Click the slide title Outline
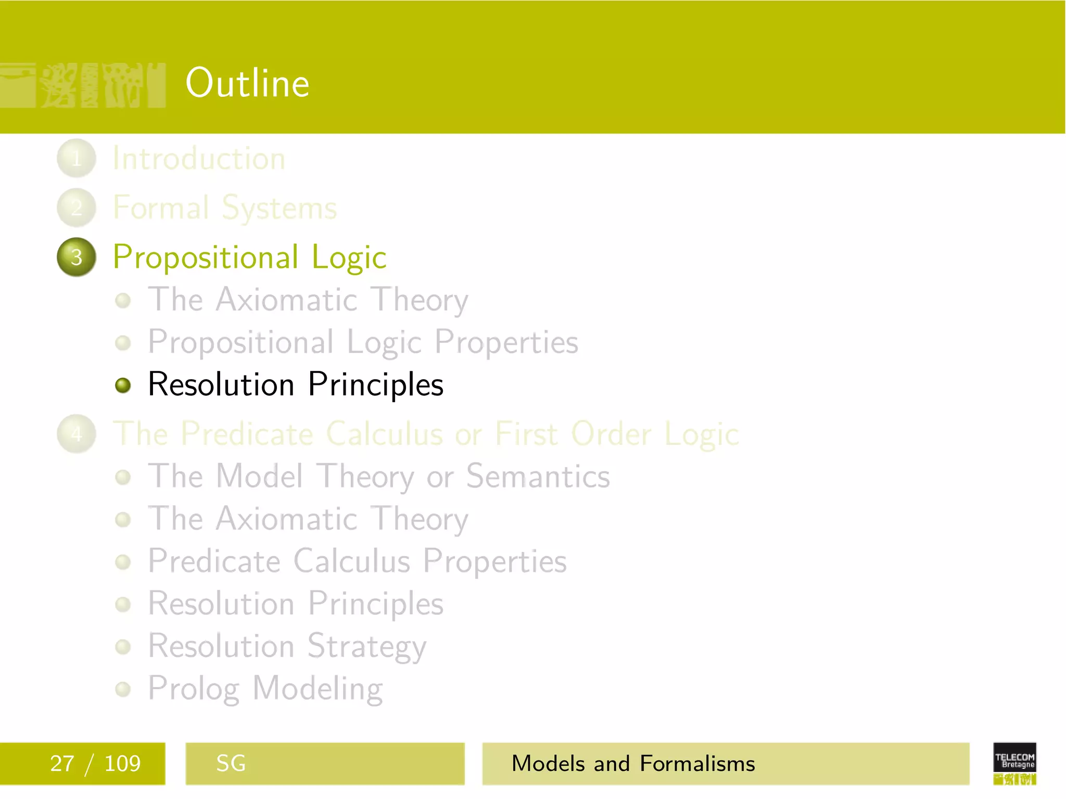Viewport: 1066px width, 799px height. pos(247,83)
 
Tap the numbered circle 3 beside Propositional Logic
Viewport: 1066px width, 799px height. pos(77,257)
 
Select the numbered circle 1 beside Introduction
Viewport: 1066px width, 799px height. pos(77,158)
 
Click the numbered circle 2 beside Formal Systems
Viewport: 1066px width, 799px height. pos(77,208)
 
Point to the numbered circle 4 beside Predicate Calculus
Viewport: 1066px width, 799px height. pos(77,433)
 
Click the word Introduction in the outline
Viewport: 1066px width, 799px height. pos(199,158)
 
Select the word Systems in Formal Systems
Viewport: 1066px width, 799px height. pos(280,209)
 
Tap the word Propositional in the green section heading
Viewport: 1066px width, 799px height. pos(206,257)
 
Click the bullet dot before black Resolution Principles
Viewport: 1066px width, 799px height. pos(123,385)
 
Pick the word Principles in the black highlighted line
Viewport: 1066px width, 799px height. pos(375,385)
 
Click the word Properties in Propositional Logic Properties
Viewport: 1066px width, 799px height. pos(506,343)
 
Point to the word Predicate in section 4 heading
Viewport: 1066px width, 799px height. pos(247,433)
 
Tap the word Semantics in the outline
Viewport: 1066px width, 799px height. pos(538,476)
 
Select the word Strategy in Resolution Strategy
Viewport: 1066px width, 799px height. pos(366,647)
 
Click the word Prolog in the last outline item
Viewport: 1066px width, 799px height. pos(194,689)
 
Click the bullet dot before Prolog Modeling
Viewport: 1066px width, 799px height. pos(123,689)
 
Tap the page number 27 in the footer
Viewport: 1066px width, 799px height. pos(62,764)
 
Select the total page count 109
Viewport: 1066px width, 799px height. pos(122,764)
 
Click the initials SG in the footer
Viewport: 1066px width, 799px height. pos(231,764)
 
